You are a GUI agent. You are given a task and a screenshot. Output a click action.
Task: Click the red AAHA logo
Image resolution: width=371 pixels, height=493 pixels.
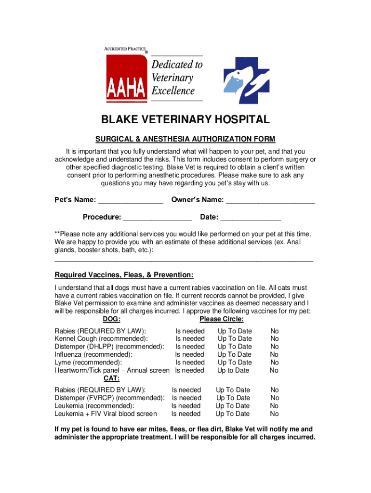point(126,77)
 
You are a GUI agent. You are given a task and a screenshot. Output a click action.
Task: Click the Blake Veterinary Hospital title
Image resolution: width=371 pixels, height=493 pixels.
point(185,120)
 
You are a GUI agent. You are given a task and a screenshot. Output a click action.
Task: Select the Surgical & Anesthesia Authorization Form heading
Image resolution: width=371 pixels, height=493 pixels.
point(185,140)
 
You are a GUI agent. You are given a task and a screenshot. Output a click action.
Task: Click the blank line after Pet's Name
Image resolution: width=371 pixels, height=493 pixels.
point(131,201)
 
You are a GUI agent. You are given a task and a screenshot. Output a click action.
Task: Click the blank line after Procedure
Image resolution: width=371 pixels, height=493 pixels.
point(158,218)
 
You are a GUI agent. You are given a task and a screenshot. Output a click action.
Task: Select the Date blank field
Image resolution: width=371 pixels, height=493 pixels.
point(251,218)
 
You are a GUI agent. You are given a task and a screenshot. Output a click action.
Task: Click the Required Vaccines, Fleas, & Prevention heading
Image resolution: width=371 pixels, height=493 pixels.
point(124,275)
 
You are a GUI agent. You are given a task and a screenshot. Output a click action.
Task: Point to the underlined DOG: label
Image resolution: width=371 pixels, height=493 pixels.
point(112,319)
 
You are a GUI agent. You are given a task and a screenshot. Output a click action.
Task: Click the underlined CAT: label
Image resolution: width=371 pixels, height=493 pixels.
point(112,378)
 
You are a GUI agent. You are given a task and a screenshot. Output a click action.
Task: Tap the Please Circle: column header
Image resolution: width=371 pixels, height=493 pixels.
point(221,319)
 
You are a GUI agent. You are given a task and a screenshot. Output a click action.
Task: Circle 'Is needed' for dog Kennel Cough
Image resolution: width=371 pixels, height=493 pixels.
point(190,339)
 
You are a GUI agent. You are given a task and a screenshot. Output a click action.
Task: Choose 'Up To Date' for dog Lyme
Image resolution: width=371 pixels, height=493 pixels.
point(235,363)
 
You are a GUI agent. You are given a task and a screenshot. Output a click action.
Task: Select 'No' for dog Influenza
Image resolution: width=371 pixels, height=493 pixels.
point(274,355)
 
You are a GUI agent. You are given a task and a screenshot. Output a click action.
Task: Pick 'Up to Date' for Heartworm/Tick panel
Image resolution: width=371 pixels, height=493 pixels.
point(233,370)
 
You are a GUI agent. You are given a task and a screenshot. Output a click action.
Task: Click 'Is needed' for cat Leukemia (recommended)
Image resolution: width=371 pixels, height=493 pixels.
point(186,406)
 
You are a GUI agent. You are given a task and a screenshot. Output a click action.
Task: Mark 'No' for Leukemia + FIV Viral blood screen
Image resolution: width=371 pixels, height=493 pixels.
point(274,414)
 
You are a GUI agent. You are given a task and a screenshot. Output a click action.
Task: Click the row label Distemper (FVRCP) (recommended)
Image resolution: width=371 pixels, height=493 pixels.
point(109,398)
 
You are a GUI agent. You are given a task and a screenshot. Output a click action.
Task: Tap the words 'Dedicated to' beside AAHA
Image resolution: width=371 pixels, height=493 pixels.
point(177,65)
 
